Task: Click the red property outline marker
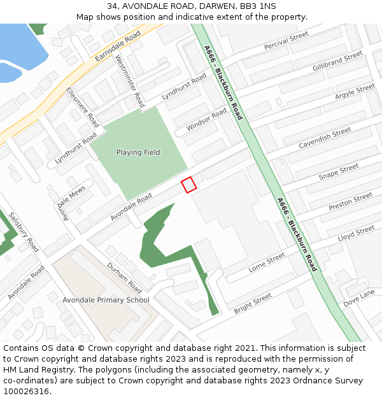188,185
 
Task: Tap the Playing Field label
138,153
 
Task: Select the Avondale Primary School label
106,300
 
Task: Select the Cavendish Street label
325,138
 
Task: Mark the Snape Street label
339,171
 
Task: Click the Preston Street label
350,202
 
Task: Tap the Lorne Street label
267,262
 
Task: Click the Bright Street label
253,304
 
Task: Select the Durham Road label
124,274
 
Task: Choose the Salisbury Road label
24,232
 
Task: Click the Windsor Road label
206,120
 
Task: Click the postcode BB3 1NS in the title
258,6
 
